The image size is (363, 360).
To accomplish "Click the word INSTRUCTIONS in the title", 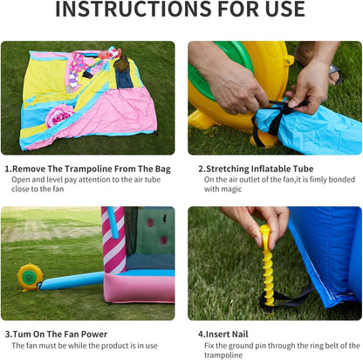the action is (x=134, y=9).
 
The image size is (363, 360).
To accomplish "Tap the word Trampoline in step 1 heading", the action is (x=88, y=169).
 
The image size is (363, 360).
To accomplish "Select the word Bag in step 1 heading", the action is (x=162, y=170).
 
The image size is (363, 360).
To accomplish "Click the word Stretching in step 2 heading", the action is (x=227, y=169).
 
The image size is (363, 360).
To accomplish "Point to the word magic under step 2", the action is (x=231, y=190).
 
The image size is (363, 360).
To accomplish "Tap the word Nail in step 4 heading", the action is (x=238, y=334).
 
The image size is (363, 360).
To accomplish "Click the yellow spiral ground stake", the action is (x=267, y=266).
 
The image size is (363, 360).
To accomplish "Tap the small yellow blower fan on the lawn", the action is (x=30, y=277).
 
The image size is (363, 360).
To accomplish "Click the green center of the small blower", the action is (x=29, y=277).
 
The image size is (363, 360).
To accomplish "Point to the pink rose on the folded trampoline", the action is (x=59, y=115).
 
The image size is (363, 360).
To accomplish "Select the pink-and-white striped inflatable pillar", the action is (x=113, y=240).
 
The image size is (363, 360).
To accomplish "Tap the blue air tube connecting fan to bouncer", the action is (x=72, y=280).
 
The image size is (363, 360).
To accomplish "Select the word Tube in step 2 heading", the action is (x=303, y=169).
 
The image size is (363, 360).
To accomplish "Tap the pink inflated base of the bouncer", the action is (x=140, y=287).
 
